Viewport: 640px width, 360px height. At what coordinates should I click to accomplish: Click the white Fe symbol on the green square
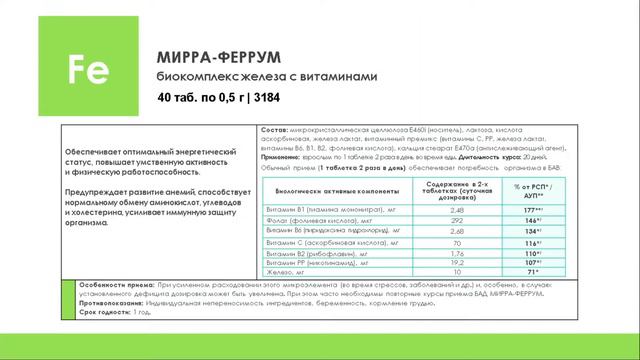click(80, 66)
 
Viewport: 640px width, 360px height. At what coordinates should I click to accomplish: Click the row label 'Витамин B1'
click(283, 209)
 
